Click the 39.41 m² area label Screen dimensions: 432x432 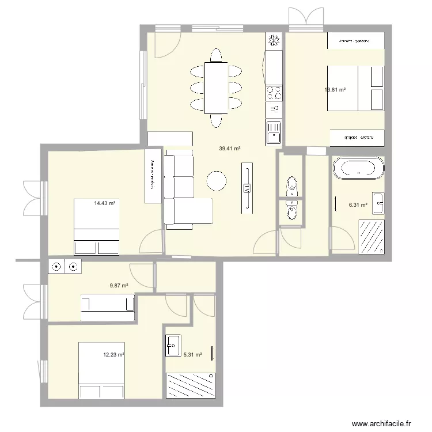pyautogui.click(x=229, y=149)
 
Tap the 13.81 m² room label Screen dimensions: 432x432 pyautogui.click(x=335, y=90)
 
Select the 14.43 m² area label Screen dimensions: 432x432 pyautogui.click(x=105, y=203)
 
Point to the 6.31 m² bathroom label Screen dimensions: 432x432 pyautogui.click(x=358, y=204)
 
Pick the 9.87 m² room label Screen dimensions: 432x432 pyautogui.click(x=119, y=285)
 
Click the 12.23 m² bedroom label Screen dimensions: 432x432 pyautogui.click(x=113, y=355)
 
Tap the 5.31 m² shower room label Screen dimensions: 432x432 pyautogui.click(x=192, y=355)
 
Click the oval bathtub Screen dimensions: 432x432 pyautogui.click(x=358, y=168)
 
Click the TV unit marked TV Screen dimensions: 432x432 pyautogui.click(x=247, y=188)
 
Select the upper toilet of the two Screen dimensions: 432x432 pyautogui.click(x=291, y=185)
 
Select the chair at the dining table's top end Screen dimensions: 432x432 pyautogui.click(x=216, y=55)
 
